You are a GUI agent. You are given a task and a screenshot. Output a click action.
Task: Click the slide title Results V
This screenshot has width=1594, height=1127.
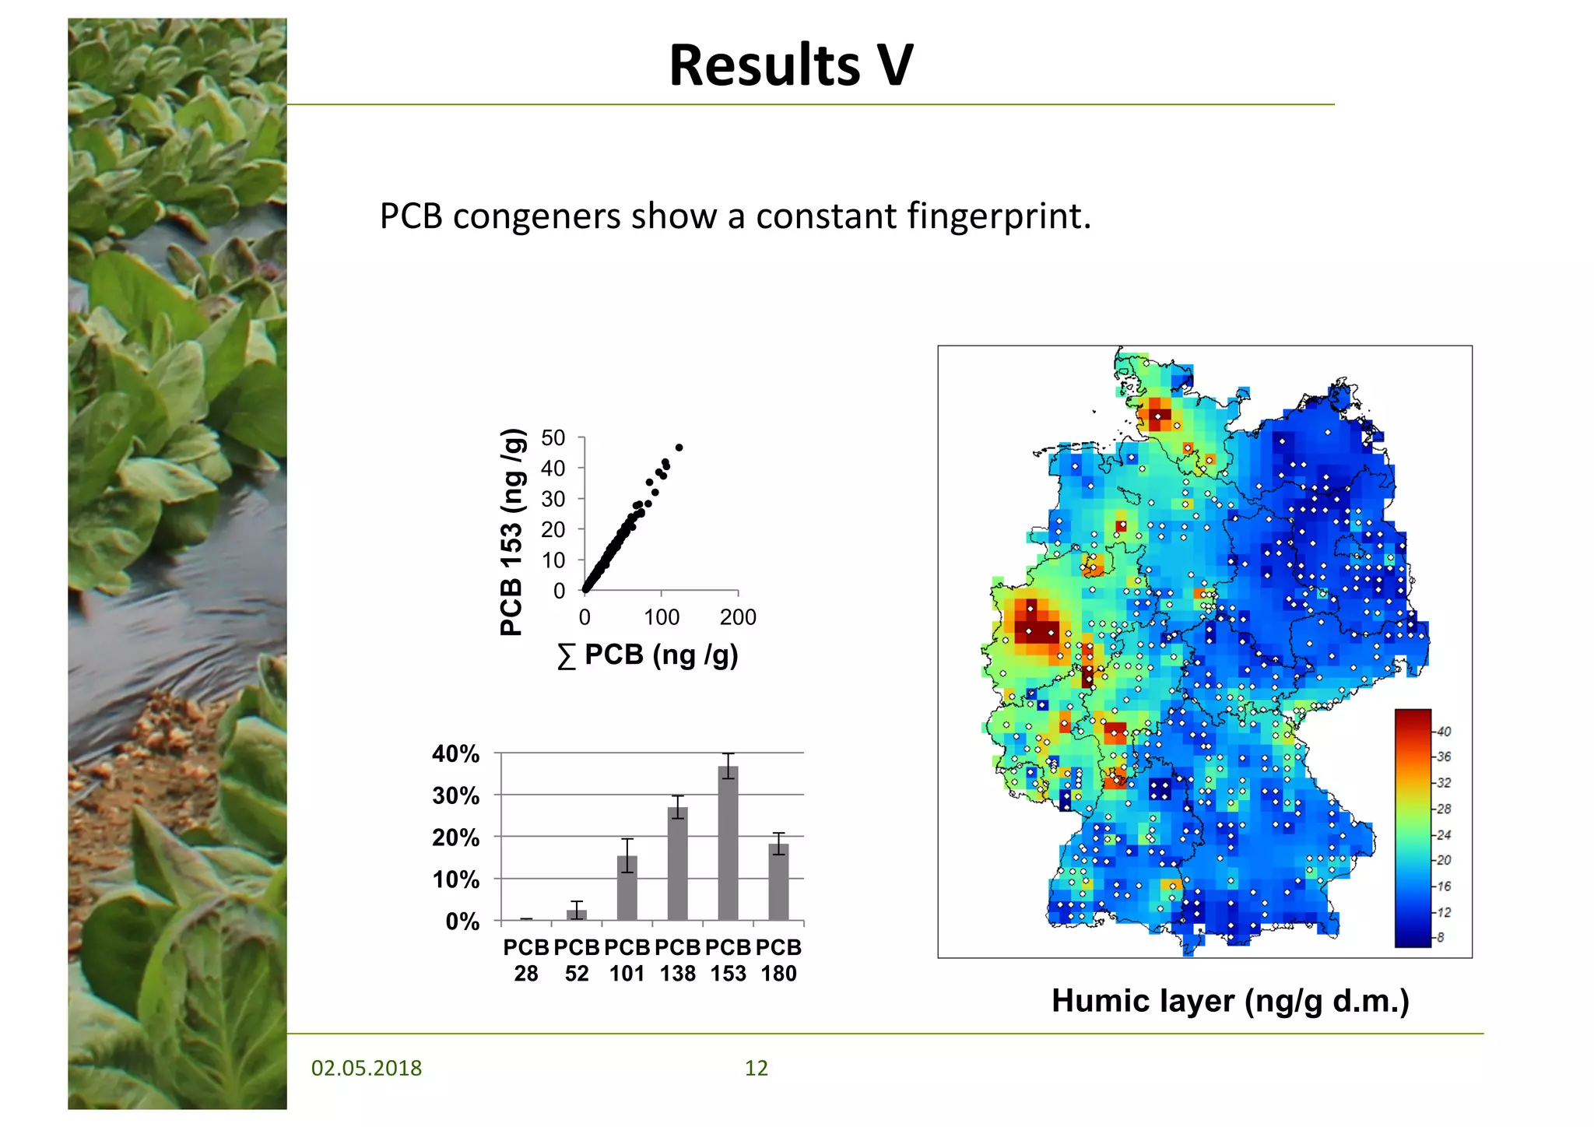791,65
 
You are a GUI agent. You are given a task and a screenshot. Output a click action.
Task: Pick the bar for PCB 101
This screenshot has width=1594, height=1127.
627,888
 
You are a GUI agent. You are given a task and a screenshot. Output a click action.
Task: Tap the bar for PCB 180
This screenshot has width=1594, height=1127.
778,882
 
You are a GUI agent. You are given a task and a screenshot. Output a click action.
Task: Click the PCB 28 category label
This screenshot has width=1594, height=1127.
526,960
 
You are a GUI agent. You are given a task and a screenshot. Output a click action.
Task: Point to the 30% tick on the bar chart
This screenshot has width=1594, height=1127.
456,796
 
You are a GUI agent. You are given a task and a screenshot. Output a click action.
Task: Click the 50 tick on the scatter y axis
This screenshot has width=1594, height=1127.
553,438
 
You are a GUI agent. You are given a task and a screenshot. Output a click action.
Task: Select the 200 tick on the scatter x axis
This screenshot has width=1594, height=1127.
737,617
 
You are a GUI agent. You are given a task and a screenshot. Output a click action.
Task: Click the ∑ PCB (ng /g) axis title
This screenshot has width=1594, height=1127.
648,655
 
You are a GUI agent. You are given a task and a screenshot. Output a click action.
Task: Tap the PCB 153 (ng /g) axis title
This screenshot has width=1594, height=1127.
511,532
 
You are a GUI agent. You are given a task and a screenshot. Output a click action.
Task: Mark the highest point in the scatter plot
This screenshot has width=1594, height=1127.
679,448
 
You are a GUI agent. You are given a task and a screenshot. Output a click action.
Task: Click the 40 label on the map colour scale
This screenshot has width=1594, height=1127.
1443,732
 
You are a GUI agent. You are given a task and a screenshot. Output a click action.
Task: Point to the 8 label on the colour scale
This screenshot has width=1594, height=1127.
1440,938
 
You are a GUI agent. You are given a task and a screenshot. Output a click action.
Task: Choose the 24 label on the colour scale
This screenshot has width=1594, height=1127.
1443,835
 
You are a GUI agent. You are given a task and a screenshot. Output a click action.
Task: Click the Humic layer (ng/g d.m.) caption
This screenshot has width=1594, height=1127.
1230,1001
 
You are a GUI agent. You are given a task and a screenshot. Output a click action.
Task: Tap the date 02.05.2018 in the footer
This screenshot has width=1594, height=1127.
366,1068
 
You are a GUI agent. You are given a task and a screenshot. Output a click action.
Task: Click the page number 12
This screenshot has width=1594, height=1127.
756,1068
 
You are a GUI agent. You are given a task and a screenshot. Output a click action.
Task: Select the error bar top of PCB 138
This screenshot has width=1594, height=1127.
677,796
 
